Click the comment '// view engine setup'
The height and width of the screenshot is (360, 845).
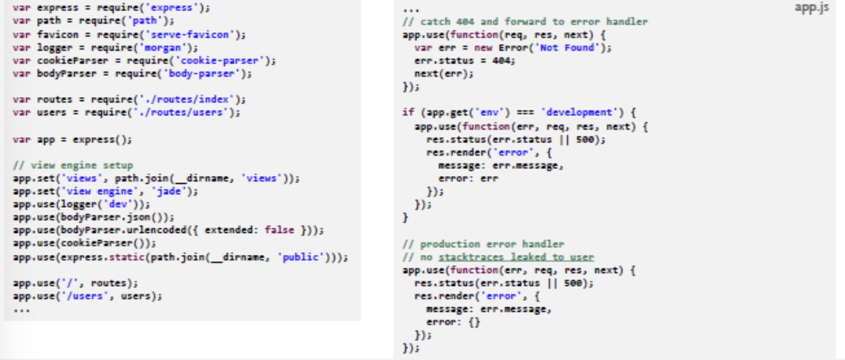click(73, 165)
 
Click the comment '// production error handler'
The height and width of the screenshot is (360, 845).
click(483, 244)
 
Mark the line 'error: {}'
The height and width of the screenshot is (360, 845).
click(453, 322)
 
